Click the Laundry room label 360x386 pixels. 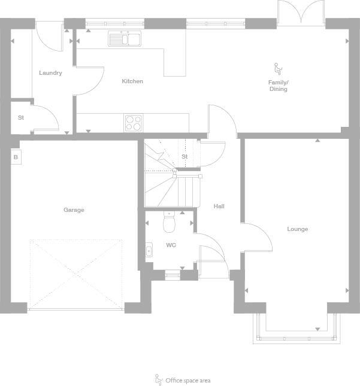(x=50, y=73)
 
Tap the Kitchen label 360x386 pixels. (x=132, y=81)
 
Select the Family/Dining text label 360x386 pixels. (x=278, y=86)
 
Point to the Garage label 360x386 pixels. (x=74, y=210)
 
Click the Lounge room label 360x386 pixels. (x=297, y=229)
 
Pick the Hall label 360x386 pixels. (x=219, y=206)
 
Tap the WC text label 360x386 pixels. (x=171, y=245)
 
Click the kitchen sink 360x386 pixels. (x=124, y=39)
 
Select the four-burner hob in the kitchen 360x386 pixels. (x=134, y=123)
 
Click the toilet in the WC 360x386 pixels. (x=170, y=223)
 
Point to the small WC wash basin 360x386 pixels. (x=149, y=251)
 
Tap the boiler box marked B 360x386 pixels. (x=16, y=157)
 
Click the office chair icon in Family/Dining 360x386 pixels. (x=277, y=69)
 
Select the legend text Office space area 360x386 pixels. (x=188, y=381)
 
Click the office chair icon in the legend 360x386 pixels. (x=159, y=379)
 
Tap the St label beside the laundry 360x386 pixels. (x=20, y=117)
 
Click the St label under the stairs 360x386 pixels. (x=184, y=157)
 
